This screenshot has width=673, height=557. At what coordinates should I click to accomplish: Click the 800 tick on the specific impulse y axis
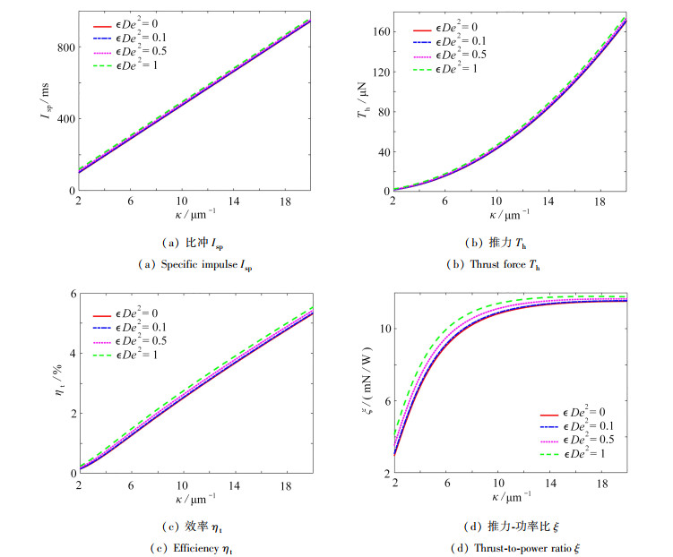65,46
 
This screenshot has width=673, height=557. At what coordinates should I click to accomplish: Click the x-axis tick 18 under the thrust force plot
600,202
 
